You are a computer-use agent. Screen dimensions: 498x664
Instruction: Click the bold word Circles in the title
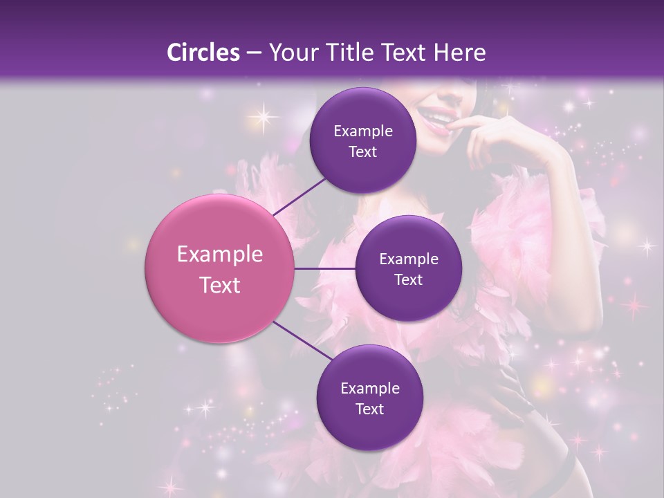coord(203,53)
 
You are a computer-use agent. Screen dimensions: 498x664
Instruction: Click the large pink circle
coord(219,269)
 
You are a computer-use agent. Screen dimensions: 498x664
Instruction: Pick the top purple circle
coord(362,140)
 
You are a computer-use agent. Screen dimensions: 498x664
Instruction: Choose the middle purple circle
coord(408,268)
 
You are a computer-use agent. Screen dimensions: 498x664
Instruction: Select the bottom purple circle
coord(369,398)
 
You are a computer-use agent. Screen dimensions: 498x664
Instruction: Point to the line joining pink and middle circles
coord(325,268)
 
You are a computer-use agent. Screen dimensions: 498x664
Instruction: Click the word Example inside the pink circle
coord(219,255)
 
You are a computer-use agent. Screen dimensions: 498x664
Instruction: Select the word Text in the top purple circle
coord(362,152)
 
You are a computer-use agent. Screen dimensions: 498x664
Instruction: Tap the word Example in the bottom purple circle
coord(369,388)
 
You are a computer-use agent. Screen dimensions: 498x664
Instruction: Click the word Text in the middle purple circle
coord(408,280)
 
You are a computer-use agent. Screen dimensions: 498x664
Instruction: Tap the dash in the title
coord(253,53)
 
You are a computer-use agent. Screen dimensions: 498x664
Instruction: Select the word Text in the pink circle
coord(219,285)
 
